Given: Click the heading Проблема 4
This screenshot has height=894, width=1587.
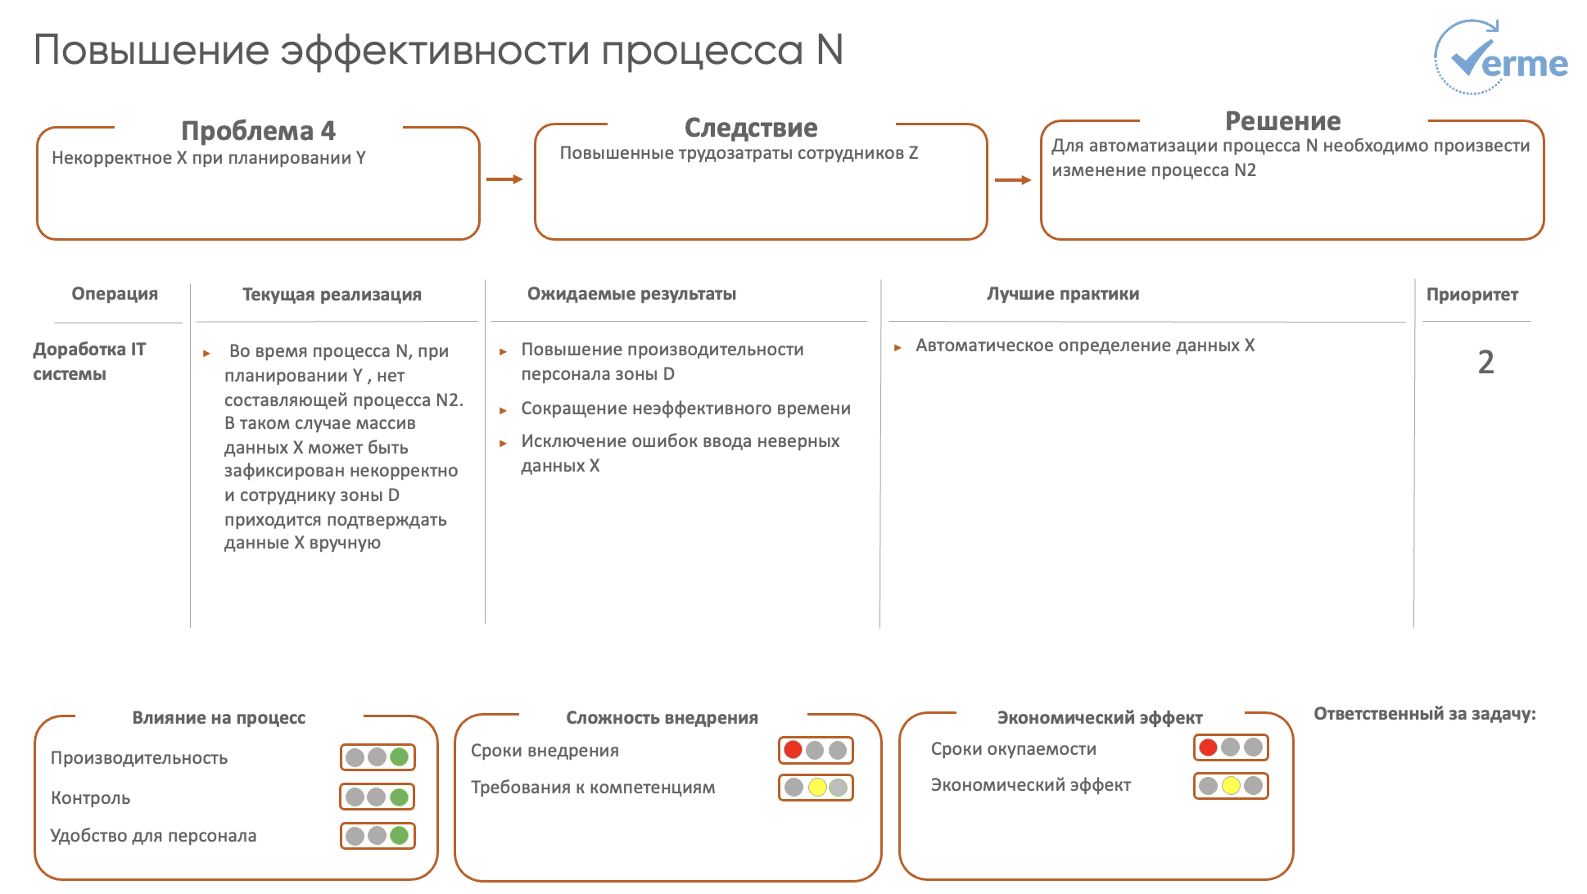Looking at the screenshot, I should point(258,131).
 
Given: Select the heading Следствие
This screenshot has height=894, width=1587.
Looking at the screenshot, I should point(751,128).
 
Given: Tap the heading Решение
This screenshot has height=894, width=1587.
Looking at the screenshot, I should point(1282,121).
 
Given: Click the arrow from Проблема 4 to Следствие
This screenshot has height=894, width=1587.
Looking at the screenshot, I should point(504,179).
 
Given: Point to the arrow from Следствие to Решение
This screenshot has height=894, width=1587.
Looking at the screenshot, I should point(1013,180).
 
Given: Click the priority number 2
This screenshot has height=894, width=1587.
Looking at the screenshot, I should point(1485,362).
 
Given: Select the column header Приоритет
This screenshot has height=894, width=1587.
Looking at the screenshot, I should point(1472,295).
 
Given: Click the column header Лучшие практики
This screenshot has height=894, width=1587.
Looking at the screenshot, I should point(1062,294).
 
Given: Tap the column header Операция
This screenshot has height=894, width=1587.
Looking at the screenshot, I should point(115,294).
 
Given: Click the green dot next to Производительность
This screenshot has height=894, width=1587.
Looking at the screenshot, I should point(400,757).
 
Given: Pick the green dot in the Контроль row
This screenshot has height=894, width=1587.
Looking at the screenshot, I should point(400,797).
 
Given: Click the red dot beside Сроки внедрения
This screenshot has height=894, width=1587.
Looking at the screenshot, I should point(793,750).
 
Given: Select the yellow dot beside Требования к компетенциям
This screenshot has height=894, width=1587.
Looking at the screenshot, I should point(816,788).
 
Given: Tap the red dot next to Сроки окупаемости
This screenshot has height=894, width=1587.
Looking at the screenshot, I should point(1208,747).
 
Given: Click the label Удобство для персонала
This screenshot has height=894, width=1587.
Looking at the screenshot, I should point(153,836).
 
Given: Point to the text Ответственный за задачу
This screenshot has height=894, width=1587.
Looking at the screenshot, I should point(1424,714).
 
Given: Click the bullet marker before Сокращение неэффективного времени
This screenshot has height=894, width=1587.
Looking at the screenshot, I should point(503,410).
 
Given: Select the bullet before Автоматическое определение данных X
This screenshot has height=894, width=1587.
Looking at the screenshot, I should point(897,347).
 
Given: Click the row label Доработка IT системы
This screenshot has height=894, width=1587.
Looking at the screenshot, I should point(89,361).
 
